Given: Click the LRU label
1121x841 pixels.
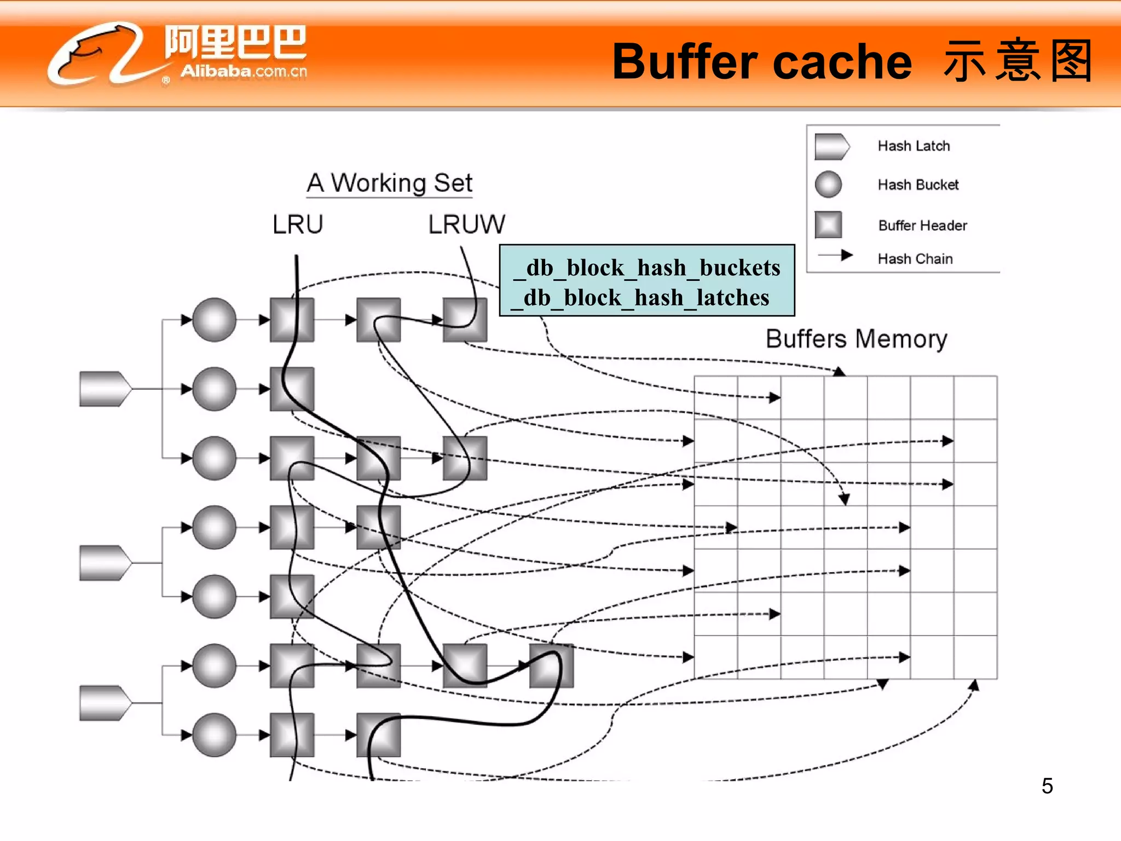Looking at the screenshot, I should click(298, 224).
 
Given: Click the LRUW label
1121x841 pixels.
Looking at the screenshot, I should click(466, 224).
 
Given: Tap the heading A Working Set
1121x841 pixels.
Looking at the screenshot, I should click(389, 183).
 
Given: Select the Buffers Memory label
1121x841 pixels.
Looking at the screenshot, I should click(856, 339).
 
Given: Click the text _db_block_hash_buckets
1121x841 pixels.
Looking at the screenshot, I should click(648, 268).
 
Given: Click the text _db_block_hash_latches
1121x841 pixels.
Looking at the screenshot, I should click(641, 298).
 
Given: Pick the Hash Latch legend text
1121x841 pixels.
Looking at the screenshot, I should click(914, 146).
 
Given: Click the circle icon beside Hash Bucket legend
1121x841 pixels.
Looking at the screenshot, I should click(828, 185).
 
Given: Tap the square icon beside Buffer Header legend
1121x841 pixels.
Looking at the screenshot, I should click(828, 225).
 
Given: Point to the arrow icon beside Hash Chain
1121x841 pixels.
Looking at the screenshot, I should click(835, 256).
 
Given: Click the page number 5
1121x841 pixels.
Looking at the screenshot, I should click(1047, 786).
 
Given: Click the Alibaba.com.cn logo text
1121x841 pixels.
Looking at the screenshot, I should click(244, 71).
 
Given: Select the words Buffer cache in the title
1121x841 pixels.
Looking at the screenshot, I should click(761, 61).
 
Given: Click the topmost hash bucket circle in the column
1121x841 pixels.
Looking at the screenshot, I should click(214, 320).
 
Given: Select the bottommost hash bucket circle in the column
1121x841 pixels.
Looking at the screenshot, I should click(214, 735).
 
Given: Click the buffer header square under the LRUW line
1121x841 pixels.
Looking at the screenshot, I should click(465, 320).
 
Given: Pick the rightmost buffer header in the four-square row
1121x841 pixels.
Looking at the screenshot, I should click(551, 666).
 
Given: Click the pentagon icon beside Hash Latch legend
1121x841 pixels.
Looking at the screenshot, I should click(831, 146).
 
